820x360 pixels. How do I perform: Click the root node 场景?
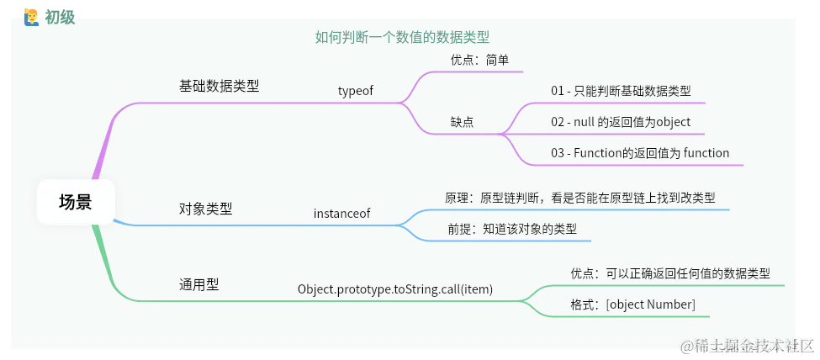tap(76, 202)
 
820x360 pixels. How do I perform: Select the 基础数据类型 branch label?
tap(219, 86)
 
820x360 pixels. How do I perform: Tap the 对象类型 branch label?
tap(205, 209)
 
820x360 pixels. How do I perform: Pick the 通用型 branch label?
tap(198, 284)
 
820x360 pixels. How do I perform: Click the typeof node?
tap(355, 91)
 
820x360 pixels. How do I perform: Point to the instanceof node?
tap(341, 213)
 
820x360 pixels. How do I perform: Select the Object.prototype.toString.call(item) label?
tap(394, 289)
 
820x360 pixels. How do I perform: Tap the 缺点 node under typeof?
tap(462, 122)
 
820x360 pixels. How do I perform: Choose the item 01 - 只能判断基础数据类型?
tap(621, 91)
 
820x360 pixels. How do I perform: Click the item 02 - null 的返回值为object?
tap(621, 122)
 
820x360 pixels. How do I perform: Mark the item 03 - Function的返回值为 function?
tap(640, 153)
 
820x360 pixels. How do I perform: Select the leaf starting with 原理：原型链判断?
tap(580, 198)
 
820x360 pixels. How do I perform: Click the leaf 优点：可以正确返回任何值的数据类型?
tap(669, 273)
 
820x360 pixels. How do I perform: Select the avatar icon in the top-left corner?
tap(32, 16)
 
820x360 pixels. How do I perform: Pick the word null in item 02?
tap(585, 122)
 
